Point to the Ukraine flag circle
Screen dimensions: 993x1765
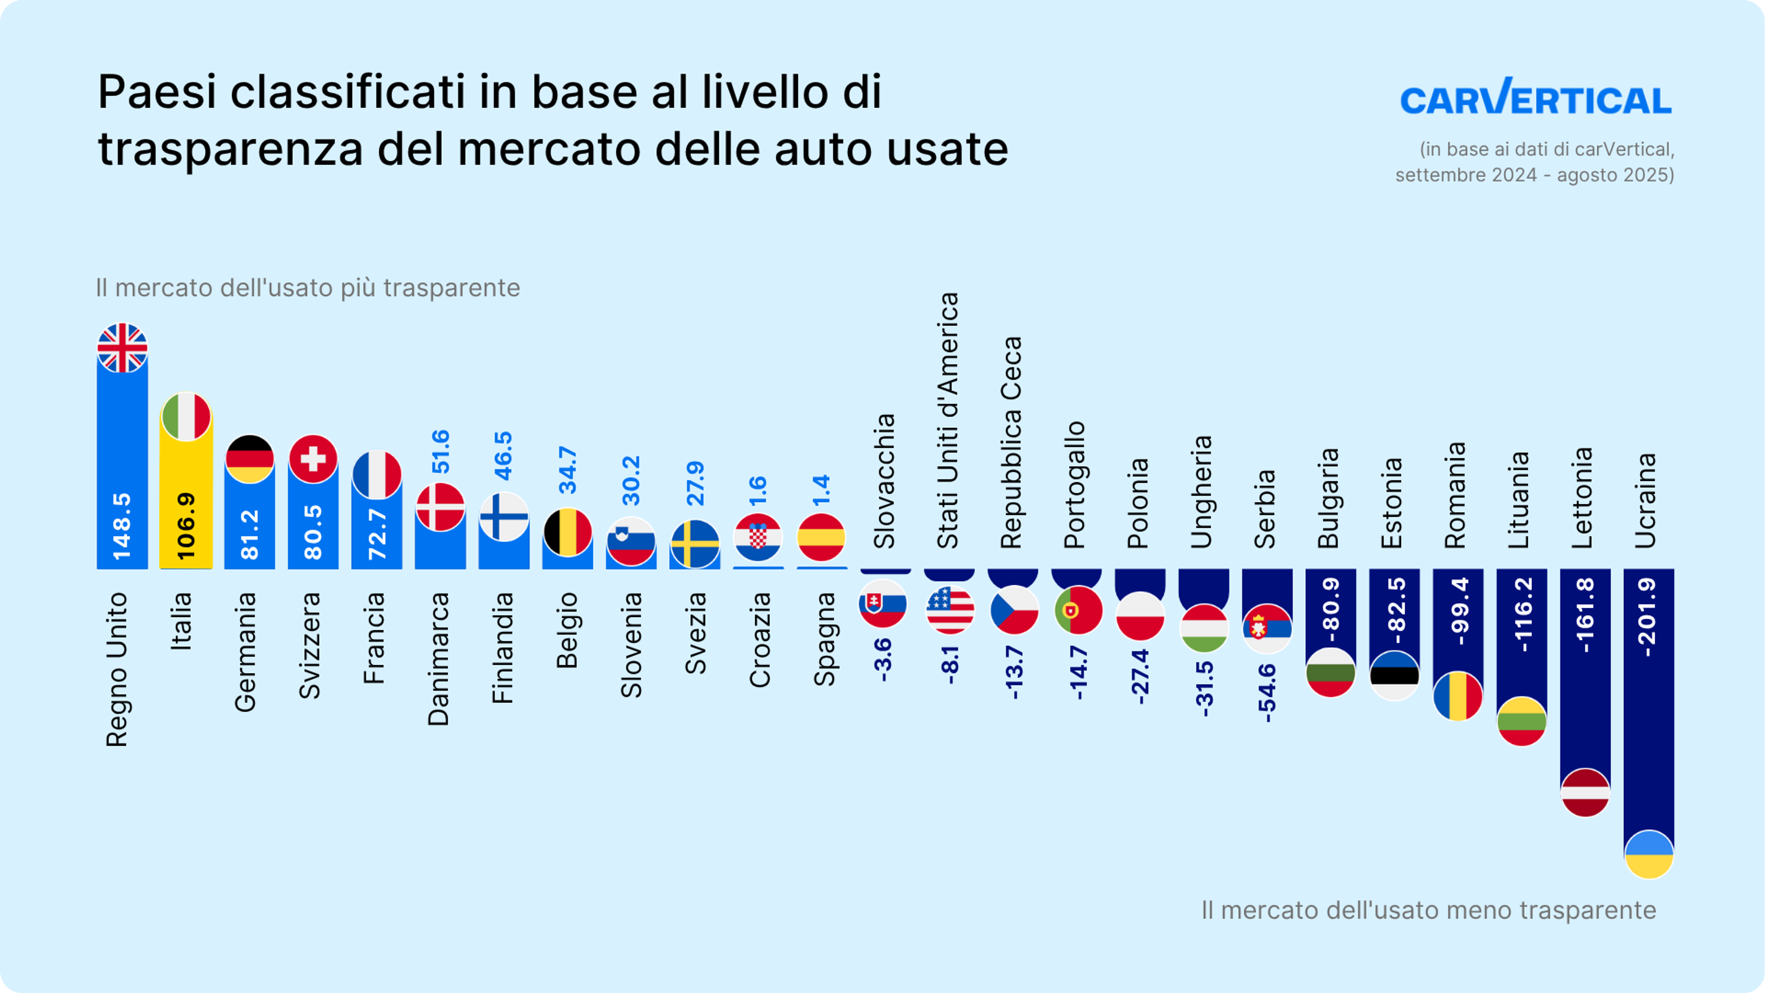pyautogui.click(x=1649, y=854)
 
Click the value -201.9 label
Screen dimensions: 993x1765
pyautogui.click(x=1647, y=617)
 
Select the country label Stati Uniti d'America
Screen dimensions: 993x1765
pyautogui.click(x=948, y=420)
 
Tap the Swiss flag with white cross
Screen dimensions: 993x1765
pyautogui.click(x=313, y=458)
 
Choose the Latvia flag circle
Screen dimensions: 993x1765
pyautogui.click(x=1585, y=792)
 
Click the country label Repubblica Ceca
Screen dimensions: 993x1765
pyautogui.click(x=1011, y=442)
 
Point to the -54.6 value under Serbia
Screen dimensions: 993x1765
pyautogui.click(x=1266, y=692)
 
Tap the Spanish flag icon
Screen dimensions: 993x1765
pyautogui.click(x=821, y=537)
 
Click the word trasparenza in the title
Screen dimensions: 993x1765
pyautogui.click(x=230, y=148)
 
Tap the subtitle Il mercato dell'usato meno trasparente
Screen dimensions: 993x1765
pyautogui.click(x=1428, y=910)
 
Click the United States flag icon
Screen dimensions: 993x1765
pyautogui.click(x=949, y=609)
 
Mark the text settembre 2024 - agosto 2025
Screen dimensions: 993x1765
pyautogui.click(x=1535, y=175)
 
